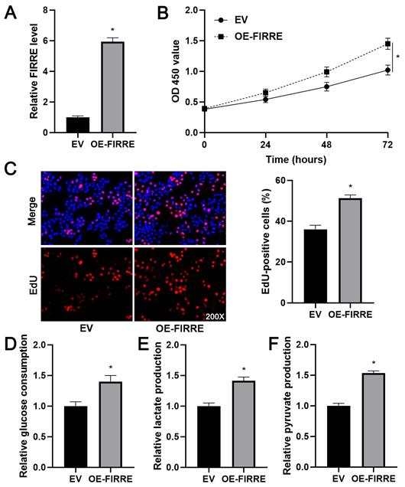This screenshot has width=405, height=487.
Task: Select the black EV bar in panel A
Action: (x=77, y=126)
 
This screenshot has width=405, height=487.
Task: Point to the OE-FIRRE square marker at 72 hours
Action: (x=387, y=44)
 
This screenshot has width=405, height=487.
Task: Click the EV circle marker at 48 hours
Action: (x=326, y=87)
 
